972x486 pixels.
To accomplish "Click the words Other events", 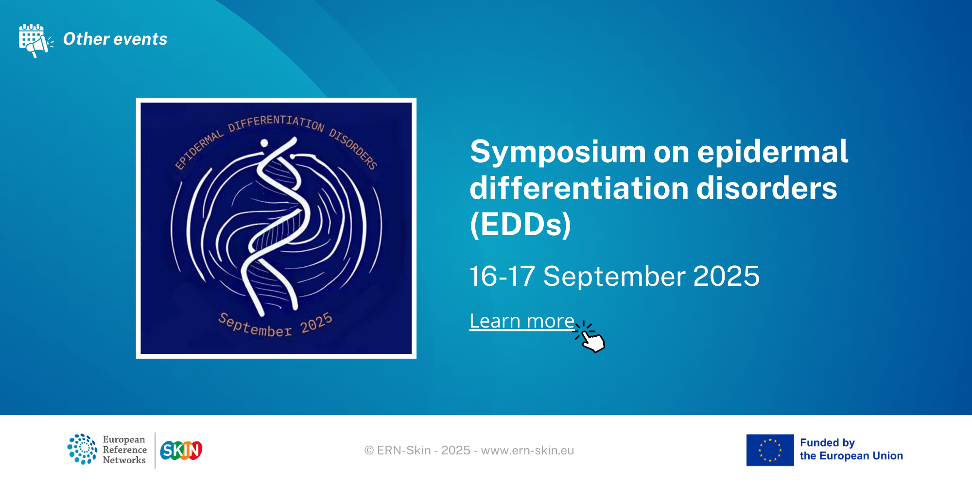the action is pyautogui.click(x=115, y=39).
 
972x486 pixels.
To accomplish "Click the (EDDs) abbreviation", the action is pyautogui.click(x=521, y=225).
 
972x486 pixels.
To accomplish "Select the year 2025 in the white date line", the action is pyautogui.click(x=726, y=276).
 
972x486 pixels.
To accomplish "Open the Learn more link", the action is pyautogui.click(x=522, y=321).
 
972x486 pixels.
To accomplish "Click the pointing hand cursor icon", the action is pyautogui.click(x=590, y=337).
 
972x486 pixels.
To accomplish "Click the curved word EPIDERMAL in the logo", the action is pyautogui.click(x=198, y=150).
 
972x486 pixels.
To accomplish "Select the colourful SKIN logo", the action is pyautogui.click(x=181, y=451).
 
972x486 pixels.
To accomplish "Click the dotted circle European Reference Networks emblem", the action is pyautogui.click(x=82, y=449).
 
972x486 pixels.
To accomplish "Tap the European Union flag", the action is pyautogui.click(x=770, y=450).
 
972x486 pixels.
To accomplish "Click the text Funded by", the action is pyautogui.click(x=827, y=443).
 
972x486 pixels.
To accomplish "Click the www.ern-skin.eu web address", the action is pyautogui.click(x=527, y=451).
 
